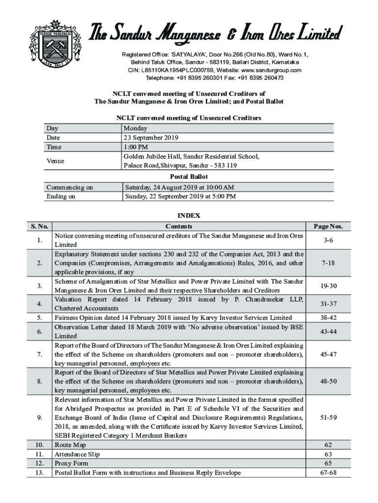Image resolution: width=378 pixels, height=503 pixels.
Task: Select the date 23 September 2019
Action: [152, 138]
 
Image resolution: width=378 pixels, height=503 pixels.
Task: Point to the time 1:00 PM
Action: [136, 147]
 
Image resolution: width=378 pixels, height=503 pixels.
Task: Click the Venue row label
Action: [55, 161]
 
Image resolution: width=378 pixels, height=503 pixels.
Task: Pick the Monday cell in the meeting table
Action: [136, 128]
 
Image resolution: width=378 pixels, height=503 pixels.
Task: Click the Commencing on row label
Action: [69, 187]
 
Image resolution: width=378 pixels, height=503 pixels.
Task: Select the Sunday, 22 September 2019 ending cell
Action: [180, 196]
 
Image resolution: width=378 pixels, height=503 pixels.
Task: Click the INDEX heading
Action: [189, 216]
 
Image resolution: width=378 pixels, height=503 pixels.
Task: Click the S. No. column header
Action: [39, 226]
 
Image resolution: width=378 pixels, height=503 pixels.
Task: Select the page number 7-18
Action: [328, 263]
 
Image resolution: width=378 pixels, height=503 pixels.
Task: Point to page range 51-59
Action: [328, 418]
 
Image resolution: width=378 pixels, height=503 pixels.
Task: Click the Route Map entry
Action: [70, 445]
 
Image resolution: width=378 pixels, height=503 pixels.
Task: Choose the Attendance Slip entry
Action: [77, 454]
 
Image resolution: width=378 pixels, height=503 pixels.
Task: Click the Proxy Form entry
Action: [71, 463]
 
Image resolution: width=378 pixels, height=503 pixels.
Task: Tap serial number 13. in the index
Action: [39, 473]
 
